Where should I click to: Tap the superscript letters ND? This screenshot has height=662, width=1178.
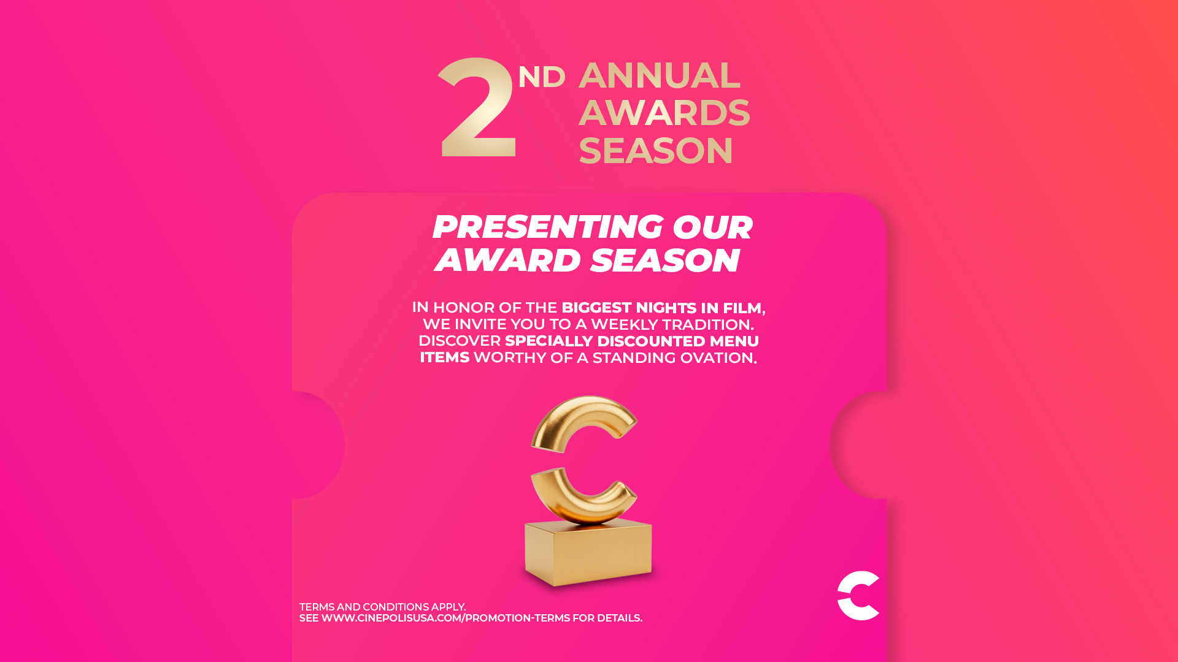click(x=542, y=77)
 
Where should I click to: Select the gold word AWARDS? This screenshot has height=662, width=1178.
click(x=664, y=112)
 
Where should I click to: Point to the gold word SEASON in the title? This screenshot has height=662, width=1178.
click(x=656, y=150)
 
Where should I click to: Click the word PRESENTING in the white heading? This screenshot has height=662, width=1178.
click(x=547, y=227)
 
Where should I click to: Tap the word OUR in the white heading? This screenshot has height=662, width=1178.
click(x=712, y=227)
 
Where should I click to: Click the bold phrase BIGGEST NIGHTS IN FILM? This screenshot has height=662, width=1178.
click(x=661, y=308)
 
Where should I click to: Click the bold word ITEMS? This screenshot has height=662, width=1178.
click(x=444, y=357)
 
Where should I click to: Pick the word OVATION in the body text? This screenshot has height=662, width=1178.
click(x=716, y=357)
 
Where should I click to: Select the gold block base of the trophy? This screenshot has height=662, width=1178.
click(x=588, y=552)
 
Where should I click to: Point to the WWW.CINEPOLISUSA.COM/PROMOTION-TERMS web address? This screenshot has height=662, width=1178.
click(x=445, y=618)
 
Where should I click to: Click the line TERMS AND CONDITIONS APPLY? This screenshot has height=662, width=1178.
click(x=382, y=607)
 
